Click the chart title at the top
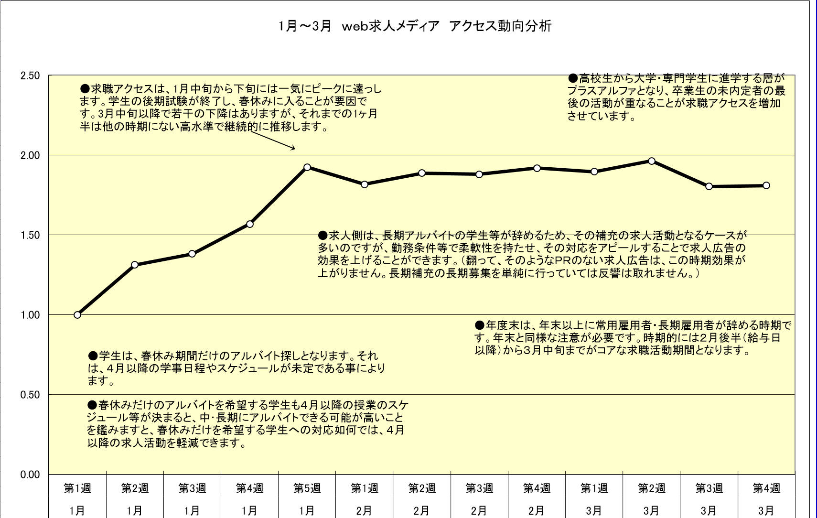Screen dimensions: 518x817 415,26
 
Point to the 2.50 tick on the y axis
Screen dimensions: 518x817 30,76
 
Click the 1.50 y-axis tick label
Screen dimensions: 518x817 30,235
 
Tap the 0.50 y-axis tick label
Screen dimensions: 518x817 30,395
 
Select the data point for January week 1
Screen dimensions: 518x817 77,314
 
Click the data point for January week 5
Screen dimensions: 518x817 307,167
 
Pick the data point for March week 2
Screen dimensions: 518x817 652,161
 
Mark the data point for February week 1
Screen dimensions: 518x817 365,184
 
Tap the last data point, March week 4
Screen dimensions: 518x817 766,185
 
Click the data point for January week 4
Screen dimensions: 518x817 250,224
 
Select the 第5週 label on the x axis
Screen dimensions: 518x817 307,488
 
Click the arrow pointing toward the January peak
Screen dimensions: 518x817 272,140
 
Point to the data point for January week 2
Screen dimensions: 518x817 135,264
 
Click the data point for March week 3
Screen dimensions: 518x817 709,186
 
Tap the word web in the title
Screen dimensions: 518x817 355,26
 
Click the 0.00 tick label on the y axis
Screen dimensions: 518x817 30,475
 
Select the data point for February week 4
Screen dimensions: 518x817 537,168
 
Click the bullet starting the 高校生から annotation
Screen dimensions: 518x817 573,78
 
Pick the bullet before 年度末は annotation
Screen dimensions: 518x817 480,325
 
